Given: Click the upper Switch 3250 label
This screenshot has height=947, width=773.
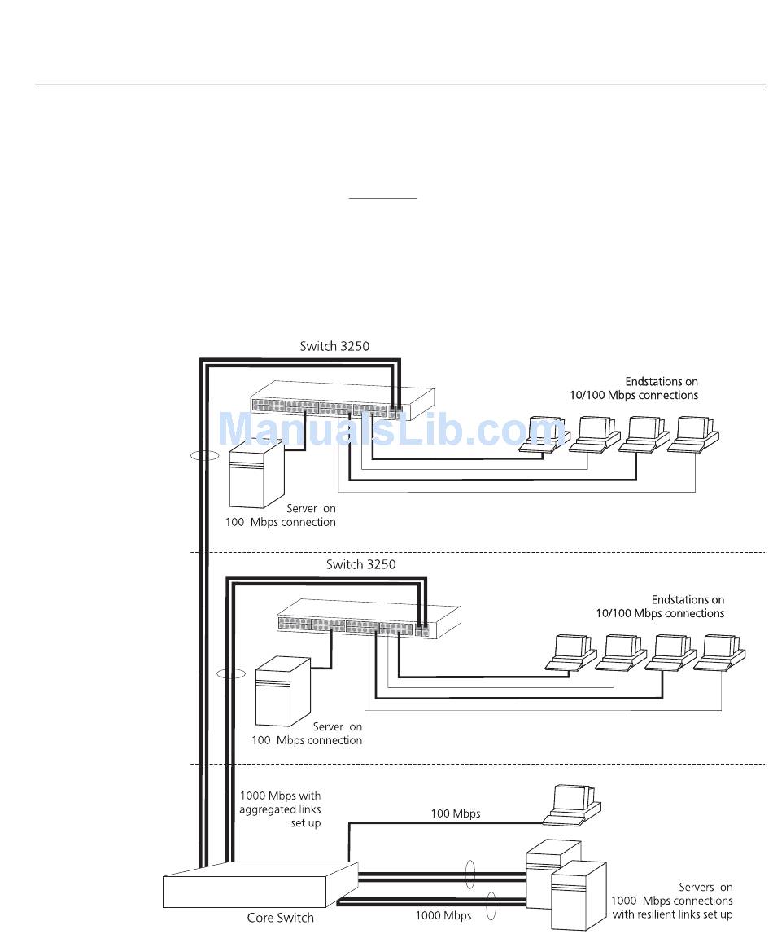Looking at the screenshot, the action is (x=334, y=346).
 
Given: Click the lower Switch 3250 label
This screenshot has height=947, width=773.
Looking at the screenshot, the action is (x=360, y=564).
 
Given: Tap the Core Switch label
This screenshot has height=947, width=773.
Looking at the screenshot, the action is (x=280, y=918).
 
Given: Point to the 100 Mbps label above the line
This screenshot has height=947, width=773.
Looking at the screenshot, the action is (x=455, y=813).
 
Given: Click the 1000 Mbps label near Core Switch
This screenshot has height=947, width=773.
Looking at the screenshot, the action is (x=443, y=915).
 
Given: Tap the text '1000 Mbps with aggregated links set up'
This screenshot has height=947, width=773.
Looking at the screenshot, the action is (x=280, y=809).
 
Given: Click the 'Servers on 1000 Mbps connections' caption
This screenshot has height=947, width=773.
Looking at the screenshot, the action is (x=672, y=901).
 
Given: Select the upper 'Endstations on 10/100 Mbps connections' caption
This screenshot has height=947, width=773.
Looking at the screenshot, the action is (x=634, y=388).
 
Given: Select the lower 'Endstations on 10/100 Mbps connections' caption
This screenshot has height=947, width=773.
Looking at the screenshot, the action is (x=660, y=607).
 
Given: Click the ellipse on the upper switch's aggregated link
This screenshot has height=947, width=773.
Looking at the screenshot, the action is (x=204, y=456).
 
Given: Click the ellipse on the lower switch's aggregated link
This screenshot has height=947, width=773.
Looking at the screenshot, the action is (x=230, y=674).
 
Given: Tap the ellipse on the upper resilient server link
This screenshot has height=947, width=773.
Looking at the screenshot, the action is (x=469, y=875).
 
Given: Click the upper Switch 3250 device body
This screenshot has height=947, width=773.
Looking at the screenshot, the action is (x=342, y=402).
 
